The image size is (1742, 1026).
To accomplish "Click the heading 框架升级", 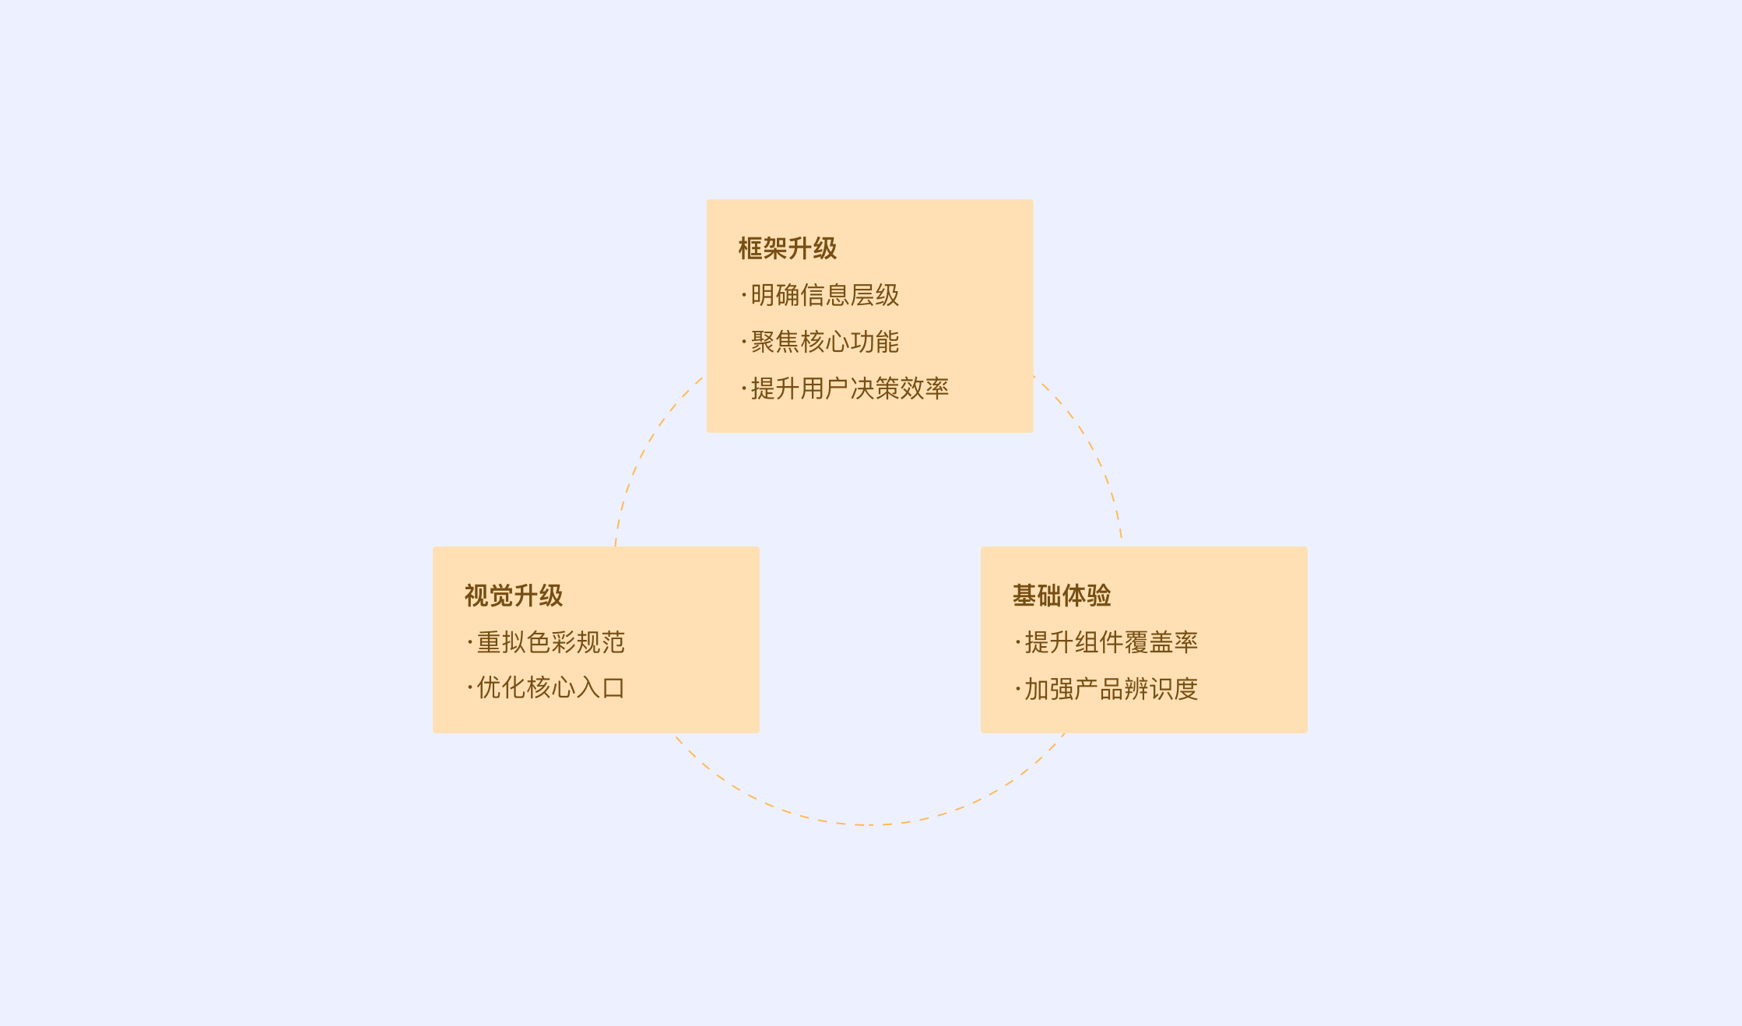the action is tap(787, 248).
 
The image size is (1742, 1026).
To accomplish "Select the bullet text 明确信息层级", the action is tap(824, 296).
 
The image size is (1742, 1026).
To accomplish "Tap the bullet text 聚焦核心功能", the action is tap(824, 342).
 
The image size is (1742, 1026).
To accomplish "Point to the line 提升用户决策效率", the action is tap(849, 388).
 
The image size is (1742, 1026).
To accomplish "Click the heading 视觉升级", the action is tap(513, 596).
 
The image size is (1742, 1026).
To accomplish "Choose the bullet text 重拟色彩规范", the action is tap(550, 642).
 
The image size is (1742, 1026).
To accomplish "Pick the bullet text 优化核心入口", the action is tap(550, 688).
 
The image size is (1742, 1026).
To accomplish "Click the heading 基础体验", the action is tap(1061, 596).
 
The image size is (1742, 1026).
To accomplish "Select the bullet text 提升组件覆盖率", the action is tap(1111, 642).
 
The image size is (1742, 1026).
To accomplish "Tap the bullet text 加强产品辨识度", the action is tap(1111, 689).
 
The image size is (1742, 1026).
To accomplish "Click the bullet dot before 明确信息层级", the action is tap(744, 295).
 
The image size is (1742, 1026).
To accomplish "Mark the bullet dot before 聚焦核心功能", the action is tap(744, 342).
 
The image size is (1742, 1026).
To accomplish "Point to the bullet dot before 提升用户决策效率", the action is tap(744, 388).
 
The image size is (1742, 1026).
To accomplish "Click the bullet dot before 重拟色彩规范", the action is tap(470, 642).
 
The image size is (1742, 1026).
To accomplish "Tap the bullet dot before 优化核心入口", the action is tap(470, 687).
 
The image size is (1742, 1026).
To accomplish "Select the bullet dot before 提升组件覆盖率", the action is tap(1017, 642).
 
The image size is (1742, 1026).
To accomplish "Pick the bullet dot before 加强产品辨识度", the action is tap(1017, 689).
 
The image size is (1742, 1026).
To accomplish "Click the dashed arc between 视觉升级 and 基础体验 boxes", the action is tap(868, 824).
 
